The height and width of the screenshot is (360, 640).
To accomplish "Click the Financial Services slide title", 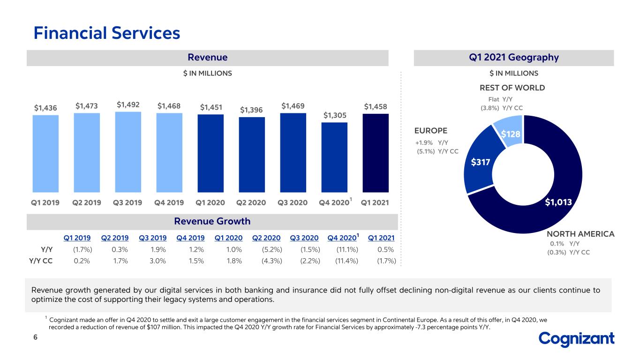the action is (x=107, y=33).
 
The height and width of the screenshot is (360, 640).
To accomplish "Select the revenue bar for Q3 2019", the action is (x=128, y=152).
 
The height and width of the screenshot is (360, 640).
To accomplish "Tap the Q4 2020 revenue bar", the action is (x=334, y=157).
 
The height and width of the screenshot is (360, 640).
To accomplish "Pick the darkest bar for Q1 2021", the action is (x=376, y=153).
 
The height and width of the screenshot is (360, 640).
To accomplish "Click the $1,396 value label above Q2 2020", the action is (x=251, y=110).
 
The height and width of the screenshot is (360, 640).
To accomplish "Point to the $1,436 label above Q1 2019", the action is (x=45, y=108).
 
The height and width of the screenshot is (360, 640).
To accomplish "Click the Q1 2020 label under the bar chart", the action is (x=210, y=202).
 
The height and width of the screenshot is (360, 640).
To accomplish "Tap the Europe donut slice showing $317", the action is (x=480, y=163).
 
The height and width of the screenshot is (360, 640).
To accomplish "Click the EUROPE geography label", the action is (x=430, y=131).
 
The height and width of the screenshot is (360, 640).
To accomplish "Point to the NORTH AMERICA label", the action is (x=580, y=234).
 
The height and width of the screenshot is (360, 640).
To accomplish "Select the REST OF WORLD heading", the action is (x=512, y=88).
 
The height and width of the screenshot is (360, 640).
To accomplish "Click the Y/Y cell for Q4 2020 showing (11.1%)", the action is (x=347, y=249).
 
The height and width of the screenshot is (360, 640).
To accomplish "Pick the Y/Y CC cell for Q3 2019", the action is (x=158, y=261).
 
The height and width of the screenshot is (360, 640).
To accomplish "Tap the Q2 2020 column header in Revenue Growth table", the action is (x=266, y=238).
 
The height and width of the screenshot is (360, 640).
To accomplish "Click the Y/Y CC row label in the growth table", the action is (x=41, y=261).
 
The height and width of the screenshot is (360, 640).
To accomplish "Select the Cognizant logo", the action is (x=576, y=339).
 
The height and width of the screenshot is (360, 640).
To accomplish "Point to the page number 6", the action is (x=36, y=337).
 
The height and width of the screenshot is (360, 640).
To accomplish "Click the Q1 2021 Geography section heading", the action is (x=514, y=58).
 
